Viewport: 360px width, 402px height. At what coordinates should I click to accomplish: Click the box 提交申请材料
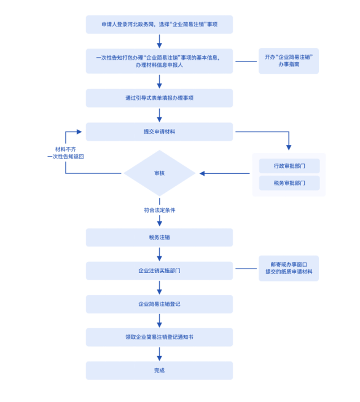point(159,132)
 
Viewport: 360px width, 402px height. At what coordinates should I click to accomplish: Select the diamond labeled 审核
point(159,173)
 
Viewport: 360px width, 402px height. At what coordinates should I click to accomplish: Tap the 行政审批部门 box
point(289,166)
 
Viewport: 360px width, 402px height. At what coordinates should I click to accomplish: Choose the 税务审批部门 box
point(289,183)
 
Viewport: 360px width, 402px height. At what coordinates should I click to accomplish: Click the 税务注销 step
point(159,237)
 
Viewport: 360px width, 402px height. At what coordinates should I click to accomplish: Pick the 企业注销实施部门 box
point(159,270)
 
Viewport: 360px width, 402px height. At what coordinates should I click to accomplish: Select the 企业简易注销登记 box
point(159,304)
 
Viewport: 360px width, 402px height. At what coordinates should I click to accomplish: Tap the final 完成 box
point(159,371)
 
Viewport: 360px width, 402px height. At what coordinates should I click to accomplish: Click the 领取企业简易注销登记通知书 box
point(159,337)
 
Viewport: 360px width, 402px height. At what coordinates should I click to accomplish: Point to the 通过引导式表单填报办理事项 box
point(159,98)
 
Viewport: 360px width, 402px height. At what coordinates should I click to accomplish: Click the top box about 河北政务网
point(159,25)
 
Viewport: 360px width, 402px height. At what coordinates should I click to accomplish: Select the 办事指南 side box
point(289,61)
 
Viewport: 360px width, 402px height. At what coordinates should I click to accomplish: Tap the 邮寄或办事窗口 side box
point(289,268)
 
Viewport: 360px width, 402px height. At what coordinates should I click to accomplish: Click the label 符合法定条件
point(159,210)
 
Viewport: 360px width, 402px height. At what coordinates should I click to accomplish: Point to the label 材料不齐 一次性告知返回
point(66,153)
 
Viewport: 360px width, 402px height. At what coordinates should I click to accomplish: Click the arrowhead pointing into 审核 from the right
point(202,173)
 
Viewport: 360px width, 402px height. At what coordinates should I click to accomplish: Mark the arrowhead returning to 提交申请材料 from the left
point(79,132)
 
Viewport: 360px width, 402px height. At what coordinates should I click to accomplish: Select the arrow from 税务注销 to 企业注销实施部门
point(159,254)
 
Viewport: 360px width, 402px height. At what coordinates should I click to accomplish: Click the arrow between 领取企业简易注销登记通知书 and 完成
point(159,354)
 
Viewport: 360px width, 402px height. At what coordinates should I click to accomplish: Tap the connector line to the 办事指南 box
point(246,61)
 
